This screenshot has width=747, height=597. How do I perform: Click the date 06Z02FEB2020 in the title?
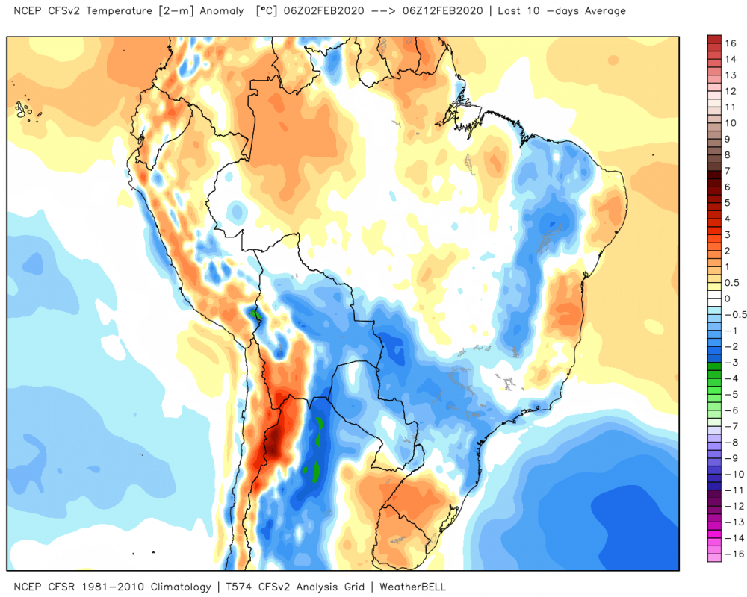pos(320,11)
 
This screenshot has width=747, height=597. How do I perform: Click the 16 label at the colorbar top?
pos(731,44)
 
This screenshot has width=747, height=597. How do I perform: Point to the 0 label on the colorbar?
pos(728,298)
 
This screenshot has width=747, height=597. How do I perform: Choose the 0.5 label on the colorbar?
pos(731,283)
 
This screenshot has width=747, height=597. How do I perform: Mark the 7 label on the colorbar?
pos(728,171)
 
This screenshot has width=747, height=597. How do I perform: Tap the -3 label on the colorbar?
pos(729,362)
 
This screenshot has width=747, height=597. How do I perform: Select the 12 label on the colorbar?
pos(731,91)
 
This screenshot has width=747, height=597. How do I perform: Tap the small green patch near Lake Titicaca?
pos(257,315)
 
